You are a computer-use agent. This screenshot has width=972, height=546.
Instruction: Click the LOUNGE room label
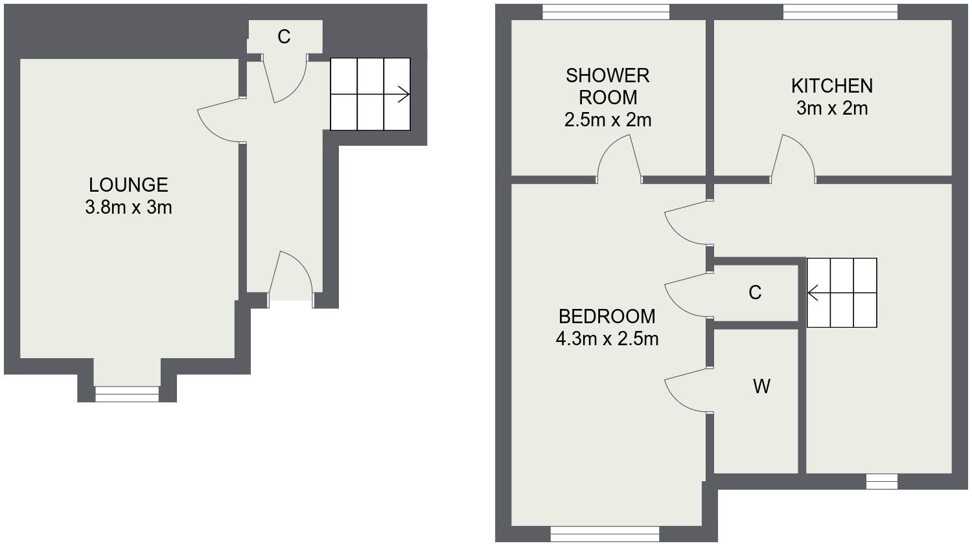click(128, 185)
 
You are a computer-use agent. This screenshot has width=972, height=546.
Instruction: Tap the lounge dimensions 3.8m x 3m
click(128, 208)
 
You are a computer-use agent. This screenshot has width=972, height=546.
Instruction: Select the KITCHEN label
click(832, 86)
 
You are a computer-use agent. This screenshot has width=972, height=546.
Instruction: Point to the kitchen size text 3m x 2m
click(832, 108)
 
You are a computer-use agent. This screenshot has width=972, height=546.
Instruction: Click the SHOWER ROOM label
click(608, 87)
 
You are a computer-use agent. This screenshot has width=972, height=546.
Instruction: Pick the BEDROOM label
click(607, 317)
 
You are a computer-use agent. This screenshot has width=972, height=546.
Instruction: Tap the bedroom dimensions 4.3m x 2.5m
click(607, 339)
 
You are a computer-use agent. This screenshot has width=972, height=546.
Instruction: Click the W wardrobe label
click(761, 386)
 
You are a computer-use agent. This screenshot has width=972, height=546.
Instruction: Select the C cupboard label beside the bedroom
click(755, 293)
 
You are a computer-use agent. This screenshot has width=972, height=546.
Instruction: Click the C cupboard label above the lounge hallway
click(284, 37)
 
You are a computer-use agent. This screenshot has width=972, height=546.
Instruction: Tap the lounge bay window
click(127, 394)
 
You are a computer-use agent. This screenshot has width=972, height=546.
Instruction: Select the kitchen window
click(840, 12)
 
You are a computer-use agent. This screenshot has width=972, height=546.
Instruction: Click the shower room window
click(606, 12)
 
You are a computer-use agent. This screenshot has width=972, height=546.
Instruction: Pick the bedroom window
click(605, 534)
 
